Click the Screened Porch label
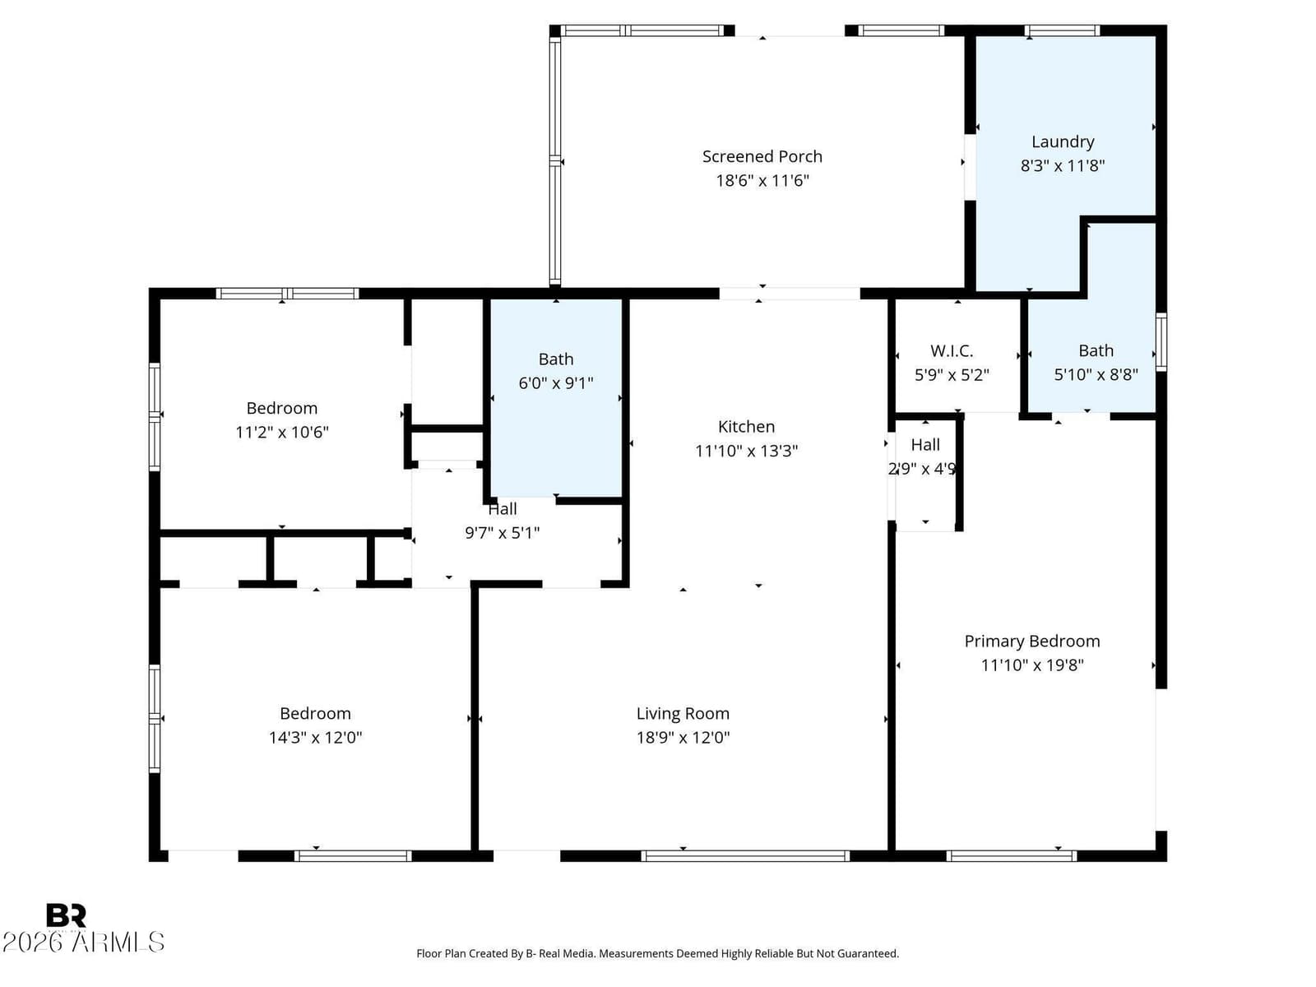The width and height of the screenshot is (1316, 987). [x=762, y=156]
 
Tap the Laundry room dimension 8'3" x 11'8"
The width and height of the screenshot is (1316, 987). [x=1063, y=165]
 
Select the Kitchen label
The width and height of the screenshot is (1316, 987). [x=747, y=426]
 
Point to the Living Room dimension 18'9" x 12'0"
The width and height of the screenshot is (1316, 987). [x=683, y=737]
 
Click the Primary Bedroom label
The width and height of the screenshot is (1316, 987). [x=1031, y=642]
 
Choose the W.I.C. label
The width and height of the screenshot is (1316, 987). [x=952, y=350]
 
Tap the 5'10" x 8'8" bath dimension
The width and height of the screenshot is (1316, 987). [x=1096, y=374]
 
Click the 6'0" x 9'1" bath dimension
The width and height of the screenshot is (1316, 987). [x=556, y=383]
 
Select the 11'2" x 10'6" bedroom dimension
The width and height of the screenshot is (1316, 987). [x=282, y=432]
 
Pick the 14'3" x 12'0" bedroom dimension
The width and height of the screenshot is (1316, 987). [x=315, y=737]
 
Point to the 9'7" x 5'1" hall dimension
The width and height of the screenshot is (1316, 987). [x=503, y=533]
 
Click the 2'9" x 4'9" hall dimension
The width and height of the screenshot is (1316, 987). [x=922, y=469]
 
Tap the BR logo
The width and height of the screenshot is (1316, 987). [x=66, y=915]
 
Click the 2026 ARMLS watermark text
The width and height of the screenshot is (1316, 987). [x=83, y=942]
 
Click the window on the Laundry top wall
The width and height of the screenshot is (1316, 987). [x=1062, y=30]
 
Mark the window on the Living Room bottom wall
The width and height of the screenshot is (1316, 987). [x=745, y=856]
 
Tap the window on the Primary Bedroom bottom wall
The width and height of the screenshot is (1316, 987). [x=1012, y=856]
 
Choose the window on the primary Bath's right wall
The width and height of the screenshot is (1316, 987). [x=1161, y=341]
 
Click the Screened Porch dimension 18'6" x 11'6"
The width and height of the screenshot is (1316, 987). [x=762, y=180]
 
